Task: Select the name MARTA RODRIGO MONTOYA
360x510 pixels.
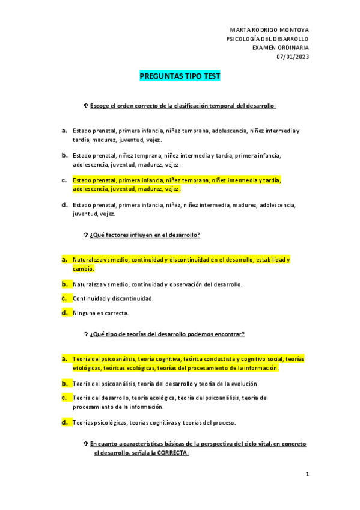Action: point(269,30)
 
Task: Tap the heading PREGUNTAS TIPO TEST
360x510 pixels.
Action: point(180,76)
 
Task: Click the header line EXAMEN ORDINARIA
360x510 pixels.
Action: point(280,48)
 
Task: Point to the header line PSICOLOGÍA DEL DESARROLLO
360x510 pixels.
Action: point(267,39)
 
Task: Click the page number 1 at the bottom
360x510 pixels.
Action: point(307,475)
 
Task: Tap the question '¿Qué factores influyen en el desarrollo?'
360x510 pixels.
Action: point(145,235)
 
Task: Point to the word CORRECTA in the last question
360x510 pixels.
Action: point(173,453)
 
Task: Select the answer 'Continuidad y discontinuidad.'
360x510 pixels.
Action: point(105,298)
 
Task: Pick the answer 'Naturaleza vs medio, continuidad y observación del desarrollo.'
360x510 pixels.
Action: point(157,284)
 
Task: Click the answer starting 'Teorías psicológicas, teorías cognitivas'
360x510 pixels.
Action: point(154,422)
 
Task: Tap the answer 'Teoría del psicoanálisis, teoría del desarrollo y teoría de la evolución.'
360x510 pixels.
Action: point(166,383)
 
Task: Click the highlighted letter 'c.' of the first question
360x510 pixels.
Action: point(64,180)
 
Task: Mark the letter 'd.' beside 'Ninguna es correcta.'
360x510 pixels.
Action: point(64,313)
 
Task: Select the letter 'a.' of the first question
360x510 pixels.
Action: point(64,130)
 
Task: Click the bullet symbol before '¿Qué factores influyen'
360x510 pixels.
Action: point(86,235)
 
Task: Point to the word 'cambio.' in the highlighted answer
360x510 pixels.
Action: point(84,269)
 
